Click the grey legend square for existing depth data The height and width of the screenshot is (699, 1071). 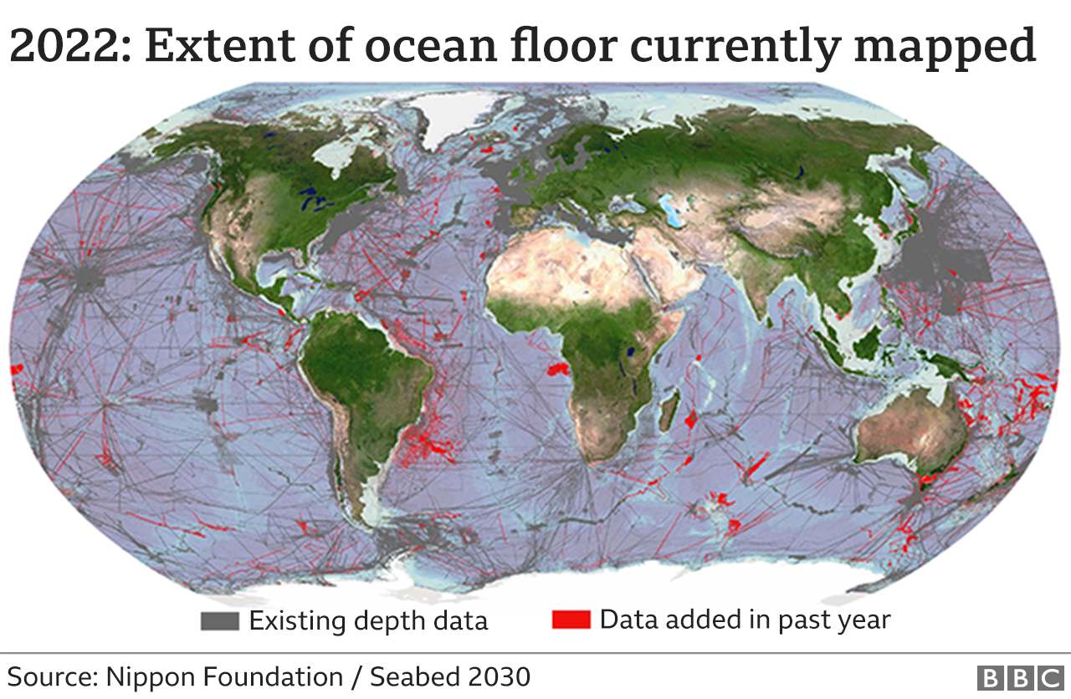[x=220, y=621]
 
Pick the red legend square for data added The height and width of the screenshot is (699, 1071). [x=571, y=620]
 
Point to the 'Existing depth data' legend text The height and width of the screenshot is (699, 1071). [x=368, y=621]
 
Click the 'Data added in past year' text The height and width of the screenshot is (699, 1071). [x=745, y=620]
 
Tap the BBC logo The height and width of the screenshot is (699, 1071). [x=1018, y=676]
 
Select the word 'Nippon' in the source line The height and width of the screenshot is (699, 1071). [x=146, y=676]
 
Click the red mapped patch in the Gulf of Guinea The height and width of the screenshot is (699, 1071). [x=557, y=369]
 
